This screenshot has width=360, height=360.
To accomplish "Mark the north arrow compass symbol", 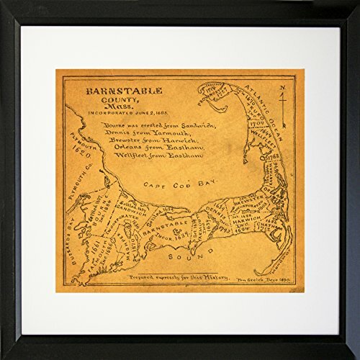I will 284,101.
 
